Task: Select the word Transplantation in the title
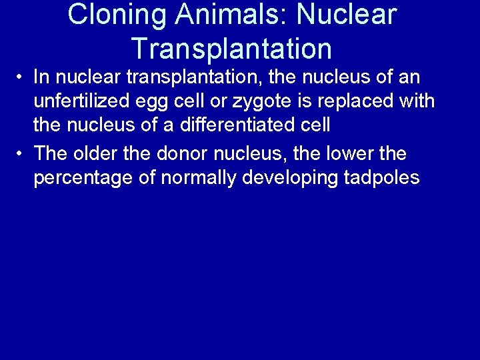tap(231, 48)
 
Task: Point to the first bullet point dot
tap(22, 78)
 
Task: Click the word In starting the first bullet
tap(41, 78)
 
